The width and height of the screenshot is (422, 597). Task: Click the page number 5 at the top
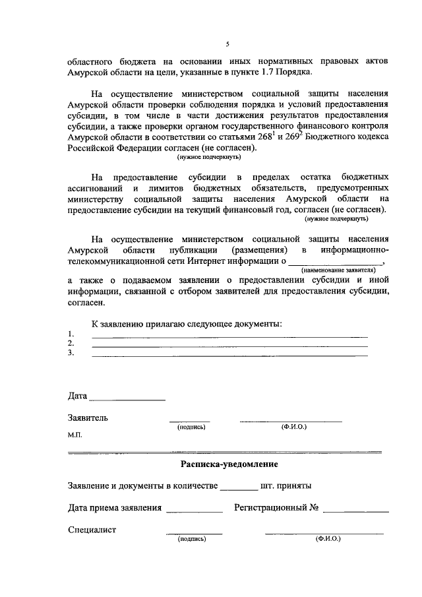[x=226, y=44]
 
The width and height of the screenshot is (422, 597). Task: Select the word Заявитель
[x=88, y=418]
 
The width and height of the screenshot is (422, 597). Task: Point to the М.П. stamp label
[x=75, y=436]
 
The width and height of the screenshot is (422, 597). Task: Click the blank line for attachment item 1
[x=229, y=336]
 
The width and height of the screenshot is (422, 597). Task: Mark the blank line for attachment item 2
[x=229, y=346]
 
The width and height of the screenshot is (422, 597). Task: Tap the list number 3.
[x=71, y=354]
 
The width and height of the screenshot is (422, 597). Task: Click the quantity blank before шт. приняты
[x=238, y=489]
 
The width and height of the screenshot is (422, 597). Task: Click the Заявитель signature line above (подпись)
[x=190, y=420]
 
